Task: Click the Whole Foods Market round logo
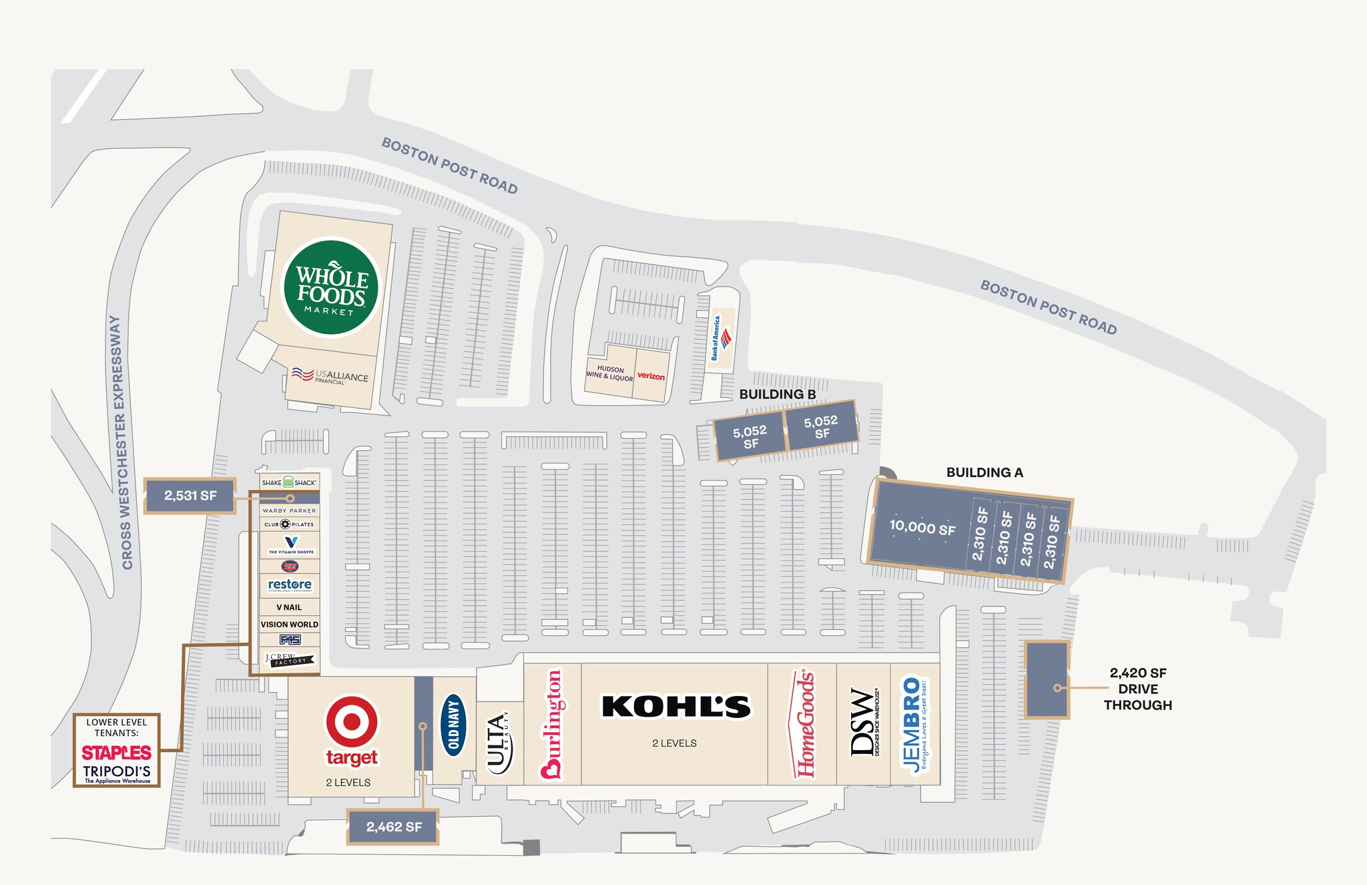point(331,287)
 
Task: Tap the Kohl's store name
point(676,707)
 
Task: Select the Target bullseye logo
point(351,722)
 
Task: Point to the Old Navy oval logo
point(455,724)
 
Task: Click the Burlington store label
point(552,724)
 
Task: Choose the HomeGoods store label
point(805,724)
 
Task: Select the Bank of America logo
point(721,338)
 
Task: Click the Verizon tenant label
point(651,376)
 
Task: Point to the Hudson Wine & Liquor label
point(609,373)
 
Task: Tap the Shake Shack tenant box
point(289,482)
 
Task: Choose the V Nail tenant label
point(289,607)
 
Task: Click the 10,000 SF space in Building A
point(922,528)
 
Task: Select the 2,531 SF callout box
point(190,496)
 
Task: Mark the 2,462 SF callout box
point(393,827)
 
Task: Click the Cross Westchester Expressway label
point(121,442)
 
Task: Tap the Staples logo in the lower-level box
point(116,753)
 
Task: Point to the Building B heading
point(778,394)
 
